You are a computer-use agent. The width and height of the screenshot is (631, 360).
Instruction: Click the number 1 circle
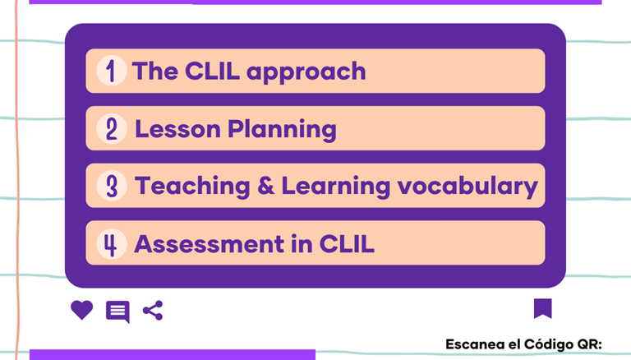click(112, 71)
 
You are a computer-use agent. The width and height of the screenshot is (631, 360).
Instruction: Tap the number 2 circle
click(112, 129)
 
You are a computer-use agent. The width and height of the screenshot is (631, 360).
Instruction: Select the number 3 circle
click(112, 186)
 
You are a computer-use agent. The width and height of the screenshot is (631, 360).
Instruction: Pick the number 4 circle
click(112, 243)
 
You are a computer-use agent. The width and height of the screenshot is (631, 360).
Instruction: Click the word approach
click(306, 72)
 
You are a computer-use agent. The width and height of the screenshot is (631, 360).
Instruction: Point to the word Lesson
click(177, 129)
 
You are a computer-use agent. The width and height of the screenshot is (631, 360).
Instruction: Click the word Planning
click(282, 130)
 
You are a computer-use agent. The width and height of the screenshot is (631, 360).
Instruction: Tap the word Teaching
click(192, 187)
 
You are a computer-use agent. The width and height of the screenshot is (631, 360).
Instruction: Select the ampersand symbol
click(265, 186)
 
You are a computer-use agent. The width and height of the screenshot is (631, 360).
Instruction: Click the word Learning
click(335, 187)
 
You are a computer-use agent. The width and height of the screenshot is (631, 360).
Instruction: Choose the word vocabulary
click(467, 187)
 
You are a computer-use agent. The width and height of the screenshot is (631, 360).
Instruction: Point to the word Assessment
click(209, 244)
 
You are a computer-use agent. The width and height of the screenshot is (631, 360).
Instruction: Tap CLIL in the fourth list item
click(347, 244)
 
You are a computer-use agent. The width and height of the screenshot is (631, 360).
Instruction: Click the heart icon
click(81, 310)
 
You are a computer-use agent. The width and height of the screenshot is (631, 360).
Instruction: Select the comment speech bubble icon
click(117, 312)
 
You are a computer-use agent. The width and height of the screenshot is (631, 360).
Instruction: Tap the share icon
click(153, 311)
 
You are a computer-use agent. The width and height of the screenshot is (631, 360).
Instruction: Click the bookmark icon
click(543, 308)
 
